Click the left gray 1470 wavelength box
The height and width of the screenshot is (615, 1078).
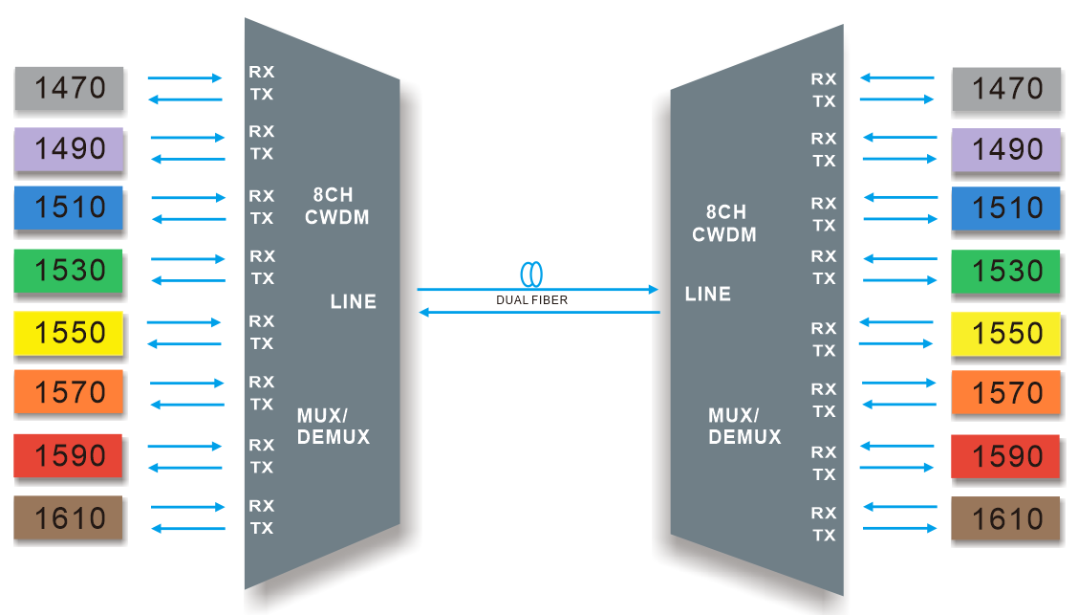click(69, 88)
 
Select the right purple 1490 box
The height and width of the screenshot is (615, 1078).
click(1006, 149)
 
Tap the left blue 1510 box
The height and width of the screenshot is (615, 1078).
click(69, 209)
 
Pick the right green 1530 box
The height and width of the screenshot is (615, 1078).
click(1006, 272)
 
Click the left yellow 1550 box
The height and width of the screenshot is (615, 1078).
click(69, 333)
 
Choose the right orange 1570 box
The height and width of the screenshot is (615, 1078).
click(1006, 393)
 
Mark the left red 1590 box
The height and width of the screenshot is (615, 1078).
click(69, 455)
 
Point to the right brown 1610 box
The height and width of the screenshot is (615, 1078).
click(1006, 518)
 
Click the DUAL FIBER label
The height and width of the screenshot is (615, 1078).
click(532, 300)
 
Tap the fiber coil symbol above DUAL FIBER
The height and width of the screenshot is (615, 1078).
click(532, 275)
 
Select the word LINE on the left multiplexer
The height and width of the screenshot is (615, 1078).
click(353, 302)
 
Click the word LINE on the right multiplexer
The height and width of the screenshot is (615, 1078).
click(708, 295)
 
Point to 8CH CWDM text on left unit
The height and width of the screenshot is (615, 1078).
click(336, 207)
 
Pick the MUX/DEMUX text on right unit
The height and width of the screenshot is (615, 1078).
click(744, 427)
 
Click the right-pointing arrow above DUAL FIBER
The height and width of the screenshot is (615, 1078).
click(538, 288)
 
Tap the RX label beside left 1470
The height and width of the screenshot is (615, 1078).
click(261, 72)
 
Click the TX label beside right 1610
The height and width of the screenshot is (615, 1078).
click(824, 536)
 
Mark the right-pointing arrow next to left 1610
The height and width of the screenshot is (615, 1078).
click(187, 507)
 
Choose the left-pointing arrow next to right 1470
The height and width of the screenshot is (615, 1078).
click(896, 77)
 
